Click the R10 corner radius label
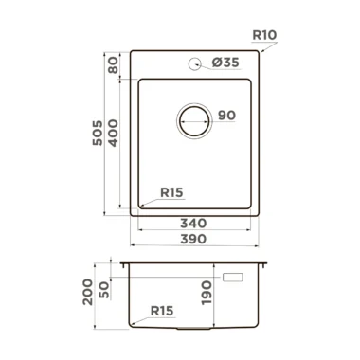coord(264,35)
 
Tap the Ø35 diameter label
coord(225,63)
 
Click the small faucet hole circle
coord(194,63)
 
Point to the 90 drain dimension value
coord(226,116)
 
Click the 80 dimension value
coord(113,65)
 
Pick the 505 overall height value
coord(98,133)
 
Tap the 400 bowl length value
coord(113,133)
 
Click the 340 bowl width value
coord(193,224)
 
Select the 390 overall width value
coord(193,239)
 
